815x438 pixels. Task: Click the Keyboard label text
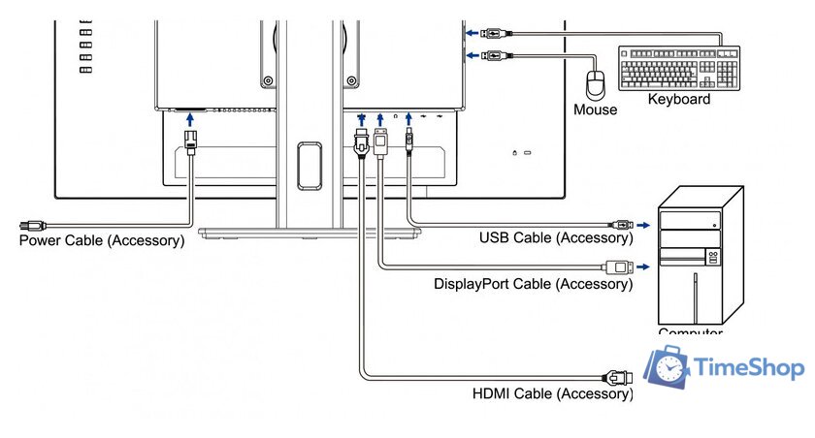coord(678,99)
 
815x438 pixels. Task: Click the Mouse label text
coord(595,109)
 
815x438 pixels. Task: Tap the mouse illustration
coord(598,82)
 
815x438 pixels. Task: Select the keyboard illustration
coord(678,68)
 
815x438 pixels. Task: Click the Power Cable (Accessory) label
coord(102,240)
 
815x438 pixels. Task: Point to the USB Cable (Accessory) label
coord(556,237)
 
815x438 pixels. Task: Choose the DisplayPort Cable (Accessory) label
coord(533,284)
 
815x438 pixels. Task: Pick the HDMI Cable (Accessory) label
coord(552,393)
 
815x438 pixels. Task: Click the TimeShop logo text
coord(750,368)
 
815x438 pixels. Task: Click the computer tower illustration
coord(700,257)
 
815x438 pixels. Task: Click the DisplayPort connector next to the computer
coord(619,266)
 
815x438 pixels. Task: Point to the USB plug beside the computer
coord(621,224)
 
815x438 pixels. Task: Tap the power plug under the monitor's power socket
coord(191,141)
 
